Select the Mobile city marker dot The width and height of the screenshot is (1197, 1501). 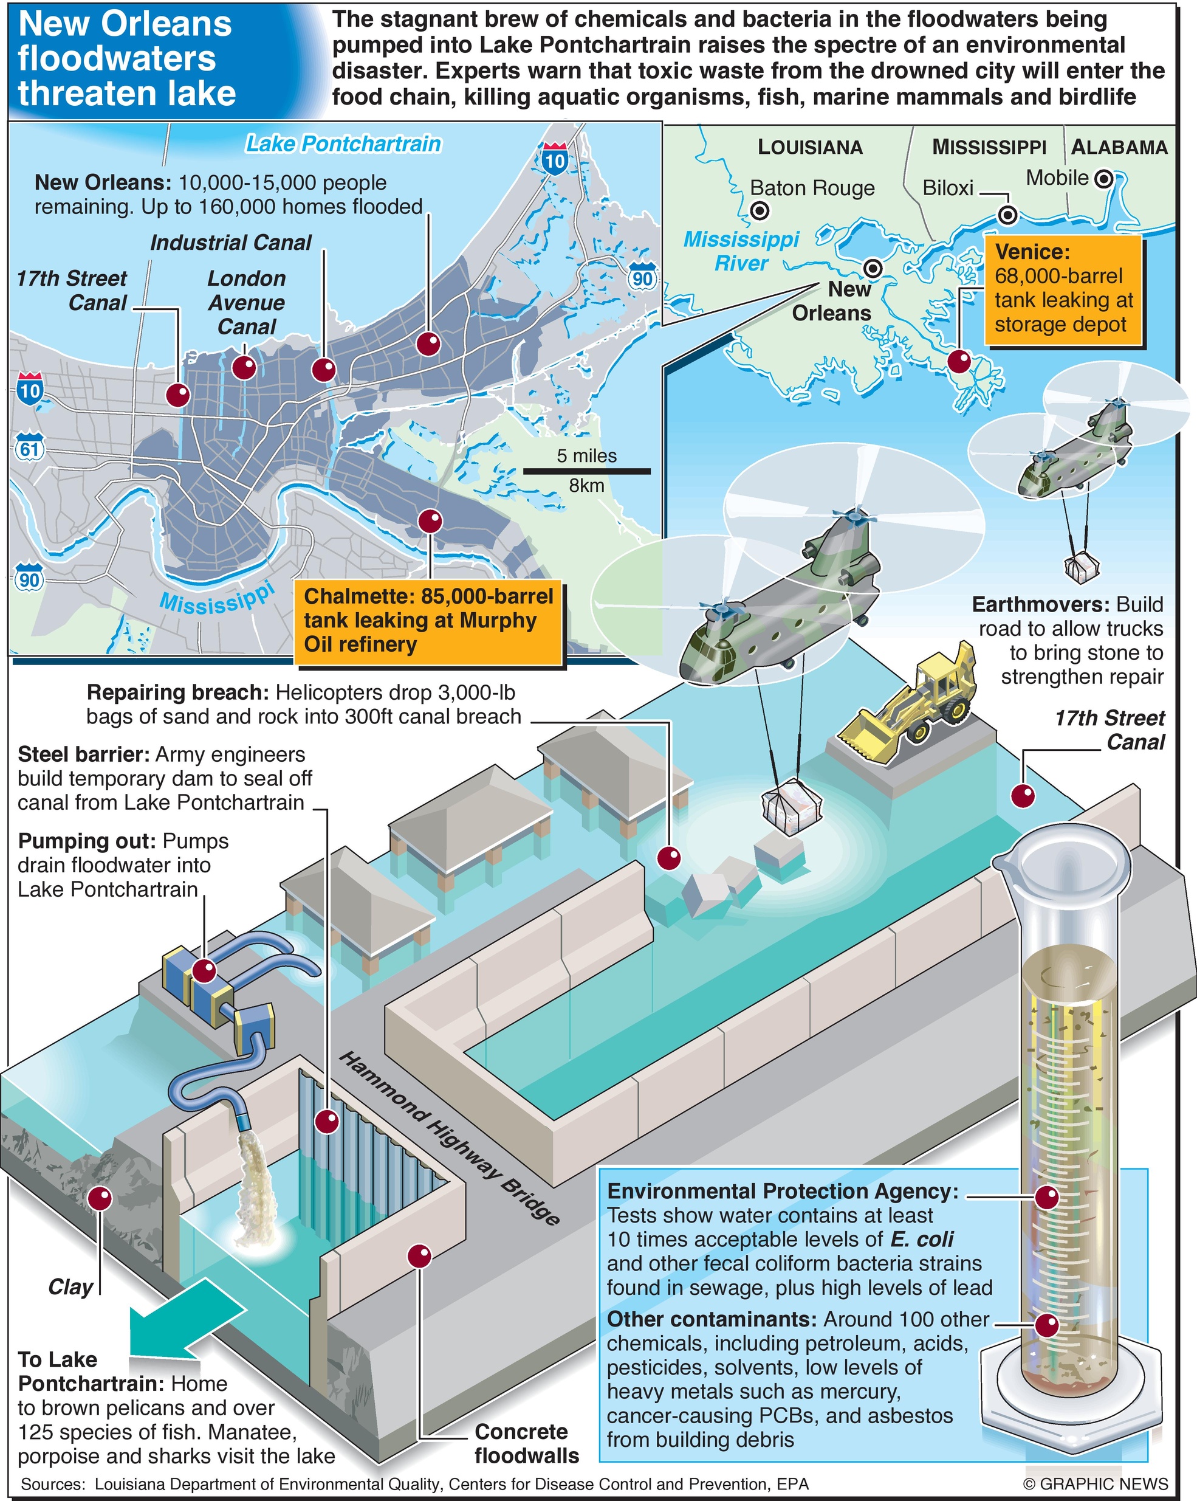click(1103, 179)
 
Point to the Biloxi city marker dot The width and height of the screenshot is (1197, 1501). click(1007, 215)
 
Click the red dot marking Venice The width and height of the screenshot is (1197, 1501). click(959, 361)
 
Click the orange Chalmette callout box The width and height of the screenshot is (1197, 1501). click(429, 620)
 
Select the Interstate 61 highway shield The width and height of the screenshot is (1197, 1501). click(29, 447)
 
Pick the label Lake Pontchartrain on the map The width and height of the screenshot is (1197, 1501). click(343, 144)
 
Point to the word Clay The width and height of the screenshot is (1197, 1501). click(71, 1287)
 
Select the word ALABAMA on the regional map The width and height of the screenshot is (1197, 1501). click(1119, 147)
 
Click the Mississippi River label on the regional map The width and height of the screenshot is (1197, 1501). click(741, 251)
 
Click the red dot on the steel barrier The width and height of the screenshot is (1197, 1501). click(326, 1122)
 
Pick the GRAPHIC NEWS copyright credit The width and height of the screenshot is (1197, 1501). click(1096, 1485)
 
